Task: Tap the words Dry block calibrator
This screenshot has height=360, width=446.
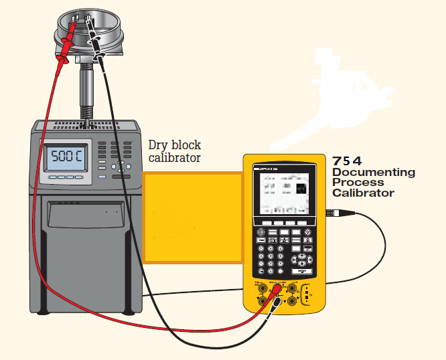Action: click(x=174, y=151)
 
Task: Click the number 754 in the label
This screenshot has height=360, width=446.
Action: click(x=348, y=161)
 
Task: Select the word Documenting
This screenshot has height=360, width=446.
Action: click(x=373, y=173)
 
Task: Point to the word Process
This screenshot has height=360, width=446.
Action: click(x=358, y=183)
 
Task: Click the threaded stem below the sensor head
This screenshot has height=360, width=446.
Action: click(x=87, y=94)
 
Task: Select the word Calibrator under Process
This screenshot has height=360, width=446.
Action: click(x=363, y=193)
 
